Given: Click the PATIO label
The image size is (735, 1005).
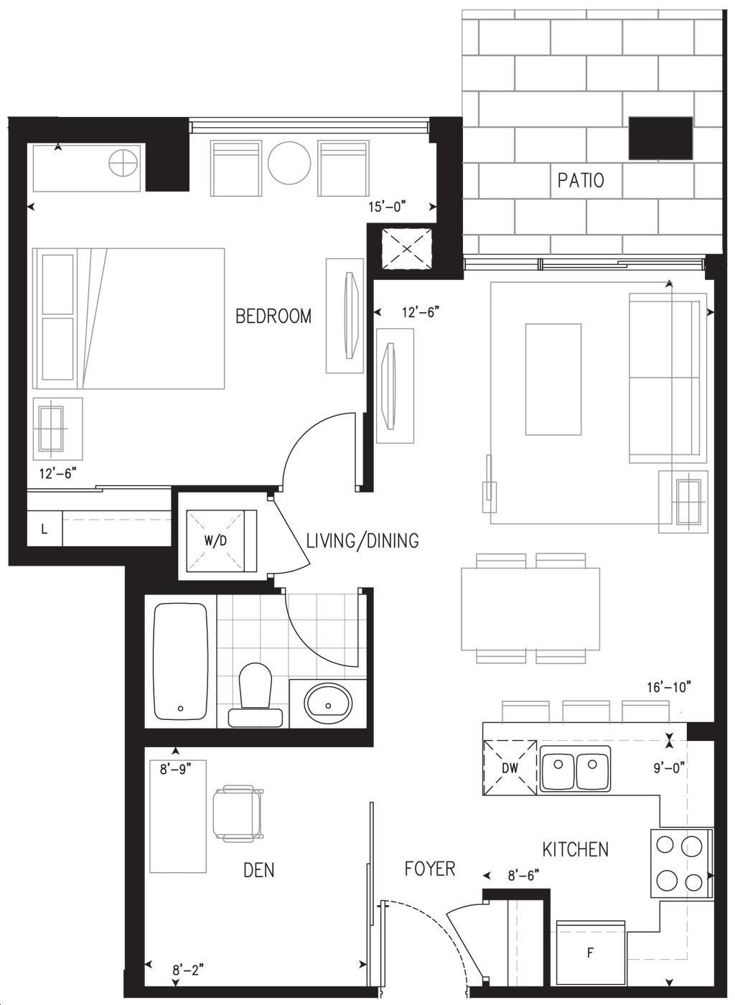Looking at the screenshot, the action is [581, 180].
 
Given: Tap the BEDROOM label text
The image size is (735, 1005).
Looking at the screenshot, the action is [273, 317].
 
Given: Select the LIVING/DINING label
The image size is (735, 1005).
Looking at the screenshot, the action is [362, 541].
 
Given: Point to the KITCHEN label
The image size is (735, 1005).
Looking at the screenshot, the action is [575, 849].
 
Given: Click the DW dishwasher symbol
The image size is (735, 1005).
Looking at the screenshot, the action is [510, 767].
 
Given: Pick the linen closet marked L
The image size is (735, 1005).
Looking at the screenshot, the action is [45, 529].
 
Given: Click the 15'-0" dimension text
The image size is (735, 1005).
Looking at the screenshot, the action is [388, 207].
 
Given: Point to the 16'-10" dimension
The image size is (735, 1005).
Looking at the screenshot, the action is [668, 687].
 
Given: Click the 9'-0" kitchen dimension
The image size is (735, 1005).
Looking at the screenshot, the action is [669, 768].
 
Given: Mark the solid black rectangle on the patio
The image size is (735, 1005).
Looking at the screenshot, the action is [660, 138].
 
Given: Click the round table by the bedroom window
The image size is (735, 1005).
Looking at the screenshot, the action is [289, 163].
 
